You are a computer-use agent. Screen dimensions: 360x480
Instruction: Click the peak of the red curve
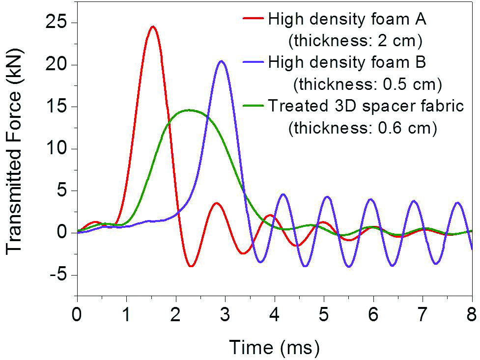153,27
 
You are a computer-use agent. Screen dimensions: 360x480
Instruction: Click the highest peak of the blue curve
222,61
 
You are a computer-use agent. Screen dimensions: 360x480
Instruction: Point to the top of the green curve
190,110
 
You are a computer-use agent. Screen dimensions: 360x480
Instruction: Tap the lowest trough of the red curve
191,266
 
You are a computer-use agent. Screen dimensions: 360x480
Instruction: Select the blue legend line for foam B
254,63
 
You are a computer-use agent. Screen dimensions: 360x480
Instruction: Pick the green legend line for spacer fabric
254,106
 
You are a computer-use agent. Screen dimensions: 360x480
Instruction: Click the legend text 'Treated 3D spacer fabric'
365,106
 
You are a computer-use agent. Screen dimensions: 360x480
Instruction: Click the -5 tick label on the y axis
60,275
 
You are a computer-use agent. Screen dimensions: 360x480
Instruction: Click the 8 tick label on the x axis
472,314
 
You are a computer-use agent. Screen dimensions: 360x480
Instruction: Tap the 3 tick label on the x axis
225,314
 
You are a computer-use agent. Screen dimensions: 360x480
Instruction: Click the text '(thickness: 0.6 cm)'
363,128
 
